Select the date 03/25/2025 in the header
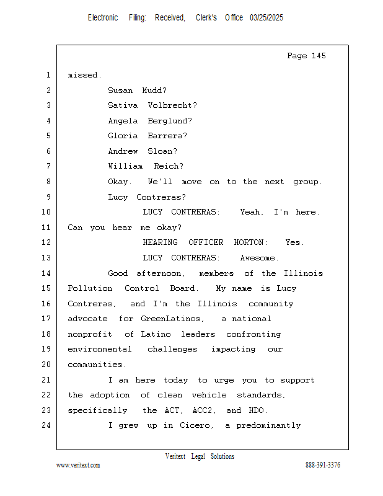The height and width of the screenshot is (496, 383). tap(266, 18)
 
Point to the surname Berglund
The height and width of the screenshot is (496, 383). tap(170, 121)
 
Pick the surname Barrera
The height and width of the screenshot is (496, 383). tap(167, 136)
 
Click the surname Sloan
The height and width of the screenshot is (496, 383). tap(162, 151)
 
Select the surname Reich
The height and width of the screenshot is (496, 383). tap(169, 166)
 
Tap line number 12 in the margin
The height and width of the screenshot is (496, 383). tap(47, 242)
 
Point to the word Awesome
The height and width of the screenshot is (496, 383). tap(260, 258)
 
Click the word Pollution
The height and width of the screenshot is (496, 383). tap(90, 288)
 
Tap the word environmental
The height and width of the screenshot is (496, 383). tap(100, 349)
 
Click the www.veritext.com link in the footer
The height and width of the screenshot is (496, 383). tap(78, 466)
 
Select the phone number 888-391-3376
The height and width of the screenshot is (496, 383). tap(323, 466)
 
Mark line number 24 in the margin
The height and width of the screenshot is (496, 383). tap(47, 425)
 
